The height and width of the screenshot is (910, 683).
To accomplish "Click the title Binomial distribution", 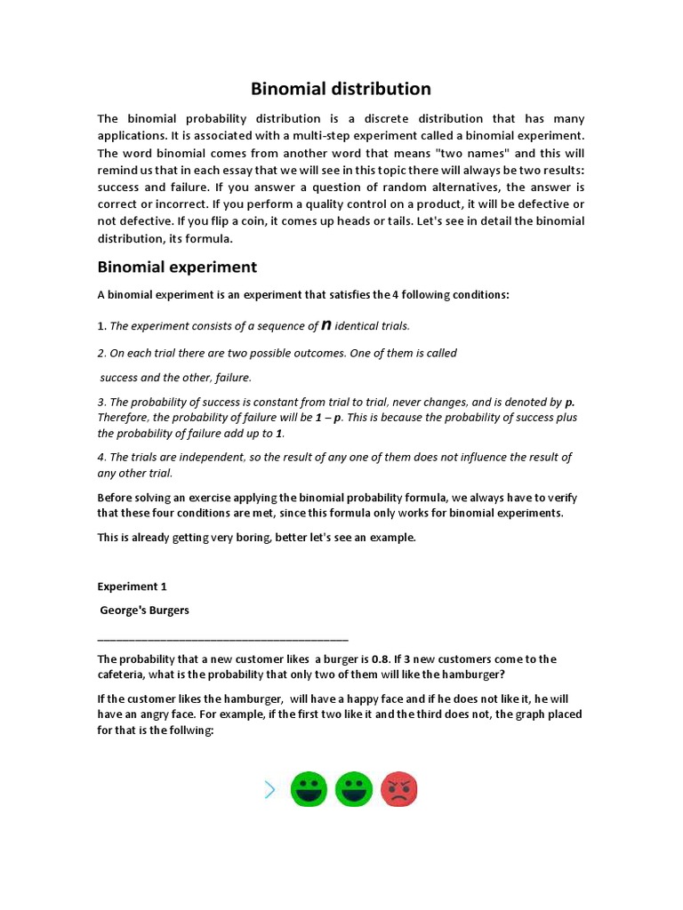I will (341, 89).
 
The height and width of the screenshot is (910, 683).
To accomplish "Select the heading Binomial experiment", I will (177, 267).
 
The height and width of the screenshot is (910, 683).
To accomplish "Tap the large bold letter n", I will (326, 325).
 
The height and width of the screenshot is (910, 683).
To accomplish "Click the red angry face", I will (399, 789).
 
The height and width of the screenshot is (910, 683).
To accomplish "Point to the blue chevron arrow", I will (269, 789).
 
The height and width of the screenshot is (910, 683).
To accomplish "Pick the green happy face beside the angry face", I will (355, 789).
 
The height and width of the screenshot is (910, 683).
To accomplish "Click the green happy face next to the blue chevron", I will (309, 789).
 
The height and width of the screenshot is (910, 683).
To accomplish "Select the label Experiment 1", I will (132, 587).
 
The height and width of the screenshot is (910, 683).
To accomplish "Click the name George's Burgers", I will (145, 611).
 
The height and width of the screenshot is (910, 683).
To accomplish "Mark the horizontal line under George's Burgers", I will (222, 638).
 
